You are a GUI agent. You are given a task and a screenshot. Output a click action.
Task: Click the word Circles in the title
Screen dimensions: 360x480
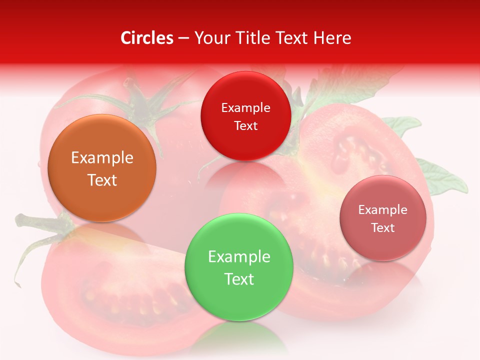pyautogui.click(x=146, y=38)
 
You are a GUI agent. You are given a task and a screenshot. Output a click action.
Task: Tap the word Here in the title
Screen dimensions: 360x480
pyautogui.click(x=332, y=38)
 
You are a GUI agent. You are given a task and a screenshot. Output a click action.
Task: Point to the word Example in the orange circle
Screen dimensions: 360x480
pyautogui.click(x=102, y=158)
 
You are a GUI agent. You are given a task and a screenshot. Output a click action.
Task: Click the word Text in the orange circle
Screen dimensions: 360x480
pyautogui.click(x=102, y=180)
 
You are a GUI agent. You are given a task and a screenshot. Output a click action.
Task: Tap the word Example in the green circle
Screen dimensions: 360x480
pyautogui.click(x=239, y=257)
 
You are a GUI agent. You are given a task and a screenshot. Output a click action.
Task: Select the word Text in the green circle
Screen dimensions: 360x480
pyautogui.click(x=239, y=279)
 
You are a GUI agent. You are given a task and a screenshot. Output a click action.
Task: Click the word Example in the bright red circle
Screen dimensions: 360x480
pyautogui.click(x=245, y=108)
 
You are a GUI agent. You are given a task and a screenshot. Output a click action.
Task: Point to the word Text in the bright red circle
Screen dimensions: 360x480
pyautogui.click(x=245, y=126)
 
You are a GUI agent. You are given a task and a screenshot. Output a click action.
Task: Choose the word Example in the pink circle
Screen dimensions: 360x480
pyautogui.click(x=383, y=210)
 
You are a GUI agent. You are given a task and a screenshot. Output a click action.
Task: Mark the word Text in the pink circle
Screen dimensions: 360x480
pyautogui.click(x=383, y=228)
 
